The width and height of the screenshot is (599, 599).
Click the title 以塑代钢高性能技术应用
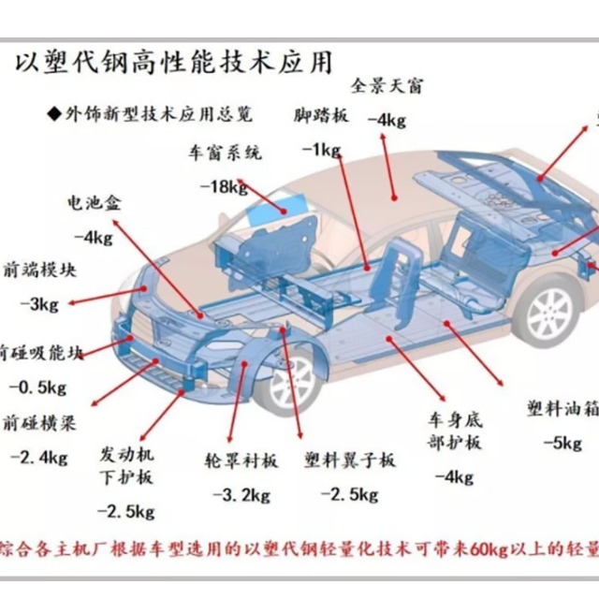coord(173,63)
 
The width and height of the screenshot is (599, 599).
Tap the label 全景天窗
coord(387,86)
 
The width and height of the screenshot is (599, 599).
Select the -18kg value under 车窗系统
coord(224,186)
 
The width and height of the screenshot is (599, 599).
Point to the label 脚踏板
coord(321,116)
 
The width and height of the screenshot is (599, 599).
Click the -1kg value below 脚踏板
coord(320,149)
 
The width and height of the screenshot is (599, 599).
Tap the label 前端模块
coord(42,270)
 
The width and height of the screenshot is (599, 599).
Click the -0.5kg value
coord(37,387)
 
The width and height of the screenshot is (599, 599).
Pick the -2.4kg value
coord(38,457)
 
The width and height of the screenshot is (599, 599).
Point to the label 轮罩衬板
coord(241,460)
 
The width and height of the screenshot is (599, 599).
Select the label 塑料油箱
coord(562,409)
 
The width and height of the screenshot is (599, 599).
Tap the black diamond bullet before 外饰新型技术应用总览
coord(53,114)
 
